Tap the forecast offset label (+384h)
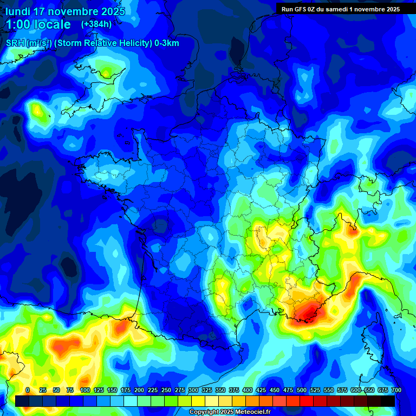tap(96, 24)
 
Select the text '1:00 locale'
tap(38, 25)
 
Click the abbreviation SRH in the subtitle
tap(15, 43)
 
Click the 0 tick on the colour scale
tap(28, 390)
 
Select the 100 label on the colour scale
tap(84, 390)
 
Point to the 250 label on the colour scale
tap(166, 390)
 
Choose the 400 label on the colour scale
tap(248, 390)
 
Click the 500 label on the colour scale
tap(301, 390)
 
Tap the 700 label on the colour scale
tap(396, 390)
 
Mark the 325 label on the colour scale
tap(207, 390)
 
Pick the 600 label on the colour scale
tap(355, 390)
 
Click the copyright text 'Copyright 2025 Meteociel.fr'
tap(230, 412)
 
